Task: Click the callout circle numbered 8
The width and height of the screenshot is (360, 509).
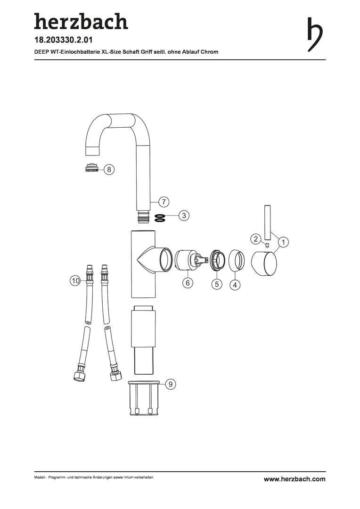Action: [109, 169]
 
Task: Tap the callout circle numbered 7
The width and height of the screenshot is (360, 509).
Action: [164, 202]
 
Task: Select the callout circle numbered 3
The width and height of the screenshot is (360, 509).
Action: [184, 215]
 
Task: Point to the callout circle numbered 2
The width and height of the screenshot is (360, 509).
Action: [256, 239]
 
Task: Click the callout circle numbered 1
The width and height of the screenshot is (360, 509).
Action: [283, 242]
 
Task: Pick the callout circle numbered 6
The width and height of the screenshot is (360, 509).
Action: [188, 283]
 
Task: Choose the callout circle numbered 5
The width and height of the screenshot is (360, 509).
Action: [217, 284]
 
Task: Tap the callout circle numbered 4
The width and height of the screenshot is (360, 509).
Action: [235, 285]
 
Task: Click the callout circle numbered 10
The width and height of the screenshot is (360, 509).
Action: [75, 280]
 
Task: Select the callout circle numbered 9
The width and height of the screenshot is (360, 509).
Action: [171, 384]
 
